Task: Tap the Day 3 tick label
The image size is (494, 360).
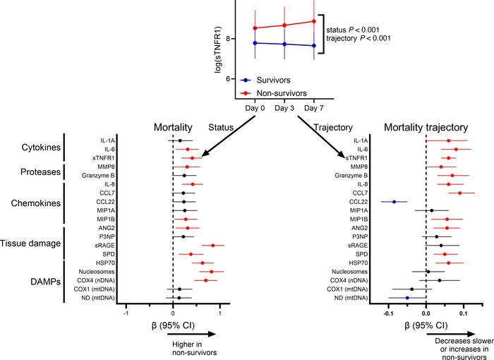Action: [x=284, y=108]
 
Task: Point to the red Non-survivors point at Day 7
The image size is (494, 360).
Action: [x=313, y=21]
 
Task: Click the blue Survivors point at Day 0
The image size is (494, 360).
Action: [x=255, y=43]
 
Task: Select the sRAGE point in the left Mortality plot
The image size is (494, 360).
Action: [x=212, y=246]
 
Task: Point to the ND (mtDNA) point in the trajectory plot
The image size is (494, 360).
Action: [x=407, y=298]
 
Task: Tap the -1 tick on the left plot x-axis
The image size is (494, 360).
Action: [x=126, y=314]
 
